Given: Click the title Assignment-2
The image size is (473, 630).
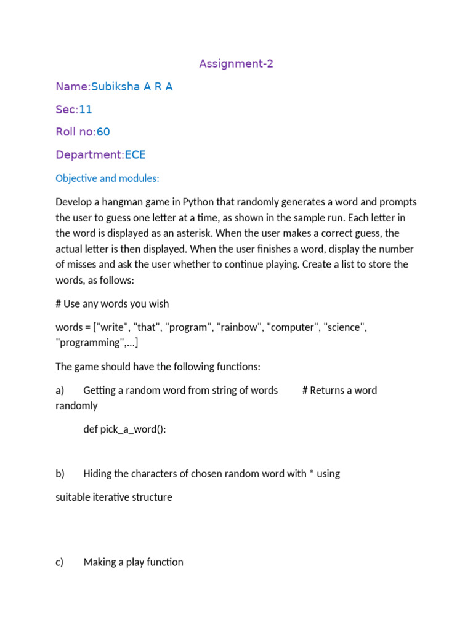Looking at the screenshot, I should coord(236,63).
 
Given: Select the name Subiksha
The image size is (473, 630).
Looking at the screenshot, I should coord(116,87).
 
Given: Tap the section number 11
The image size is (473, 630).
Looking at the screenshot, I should coord(86,110).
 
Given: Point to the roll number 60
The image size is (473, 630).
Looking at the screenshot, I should coord(103,132).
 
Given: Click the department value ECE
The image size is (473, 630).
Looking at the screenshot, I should coord(135,154).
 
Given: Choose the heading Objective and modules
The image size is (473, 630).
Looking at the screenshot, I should coord(107,178).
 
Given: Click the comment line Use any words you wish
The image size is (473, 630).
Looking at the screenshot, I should coord(116,304).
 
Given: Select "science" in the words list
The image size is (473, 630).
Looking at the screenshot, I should coord(345,327).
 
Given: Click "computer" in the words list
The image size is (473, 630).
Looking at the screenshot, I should coord(293,327).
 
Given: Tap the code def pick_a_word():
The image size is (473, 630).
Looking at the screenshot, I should coord(125,429).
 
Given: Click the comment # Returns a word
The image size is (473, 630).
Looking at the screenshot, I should coord(340,391).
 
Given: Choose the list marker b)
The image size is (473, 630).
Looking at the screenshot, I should coord(60,474).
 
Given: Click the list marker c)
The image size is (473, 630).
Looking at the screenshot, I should coord(60,562).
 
